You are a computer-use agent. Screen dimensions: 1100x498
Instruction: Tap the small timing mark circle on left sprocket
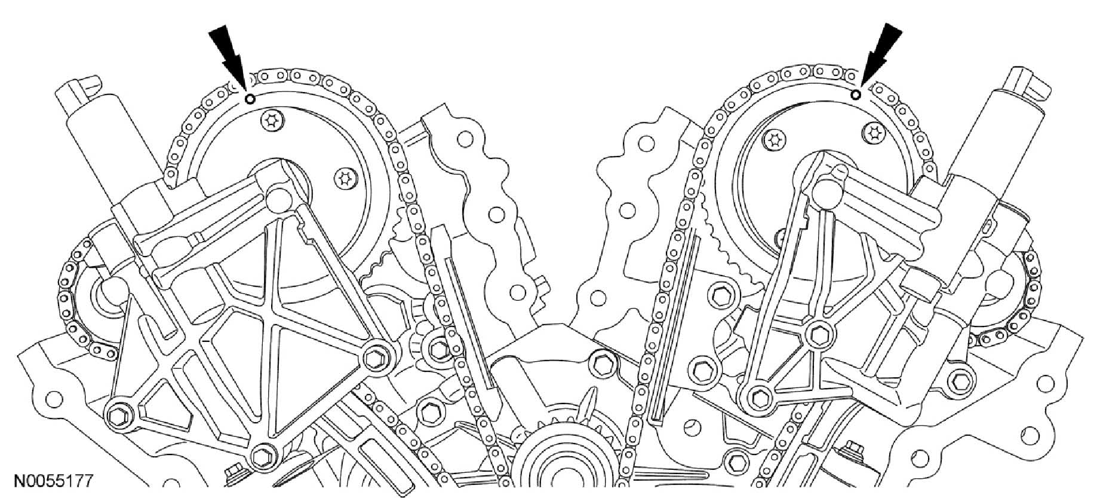tap(250, 99)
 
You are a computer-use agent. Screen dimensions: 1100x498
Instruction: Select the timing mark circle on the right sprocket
tap(855, 94)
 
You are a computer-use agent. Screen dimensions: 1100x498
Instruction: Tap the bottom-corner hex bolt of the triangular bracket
tap(260, 457)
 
